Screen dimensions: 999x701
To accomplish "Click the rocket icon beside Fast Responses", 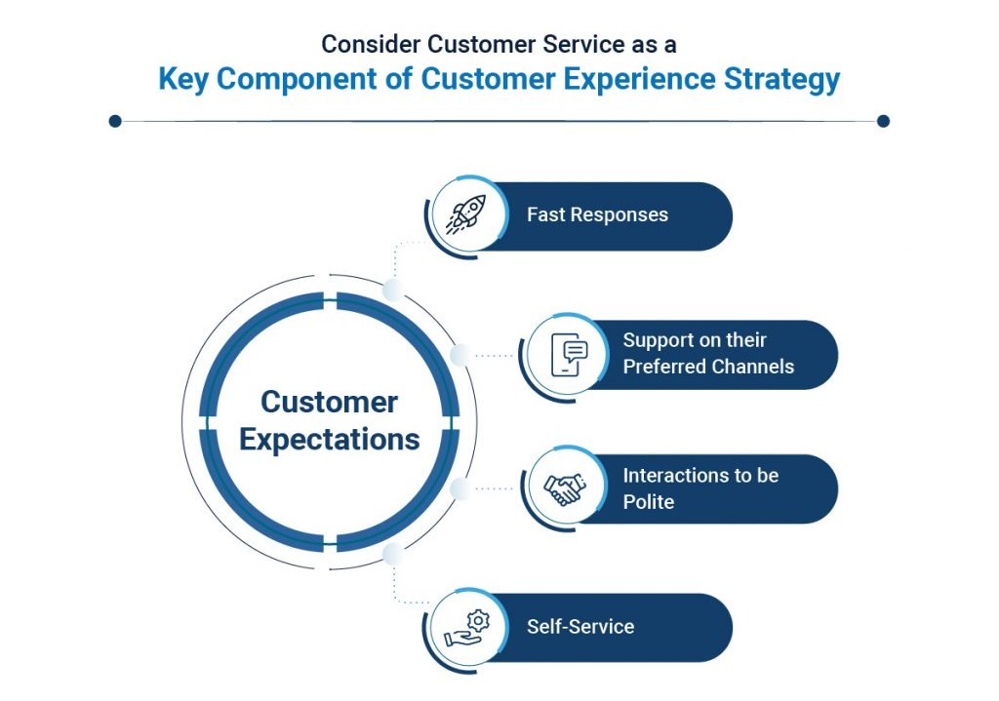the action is [465, 214].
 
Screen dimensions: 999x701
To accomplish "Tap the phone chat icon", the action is [569, 355].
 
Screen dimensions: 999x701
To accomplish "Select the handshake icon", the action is [565, 489].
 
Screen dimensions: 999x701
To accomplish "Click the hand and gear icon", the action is [467, 629].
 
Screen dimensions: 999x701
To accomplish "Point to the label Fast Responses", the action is [597, 214].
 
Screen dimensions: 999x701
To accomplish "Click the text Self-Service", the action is [580, 627].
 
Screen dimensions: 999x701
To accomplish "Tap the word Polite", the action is [648, 502].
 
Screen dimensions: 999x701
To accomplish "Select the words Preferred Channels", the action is [708, 367].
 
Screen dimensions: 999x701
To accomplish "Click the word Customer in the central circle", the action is [330, 402].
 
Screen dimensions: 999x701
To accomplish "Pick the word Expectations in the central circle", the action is [330, 440].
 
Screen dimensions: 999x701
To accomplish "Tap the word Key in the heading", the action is [182, 79].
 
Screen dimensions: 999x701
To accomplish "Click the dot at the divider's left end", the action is [115, 121].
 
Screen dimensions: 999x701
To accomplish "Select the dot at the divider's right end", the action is [883, 121].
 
